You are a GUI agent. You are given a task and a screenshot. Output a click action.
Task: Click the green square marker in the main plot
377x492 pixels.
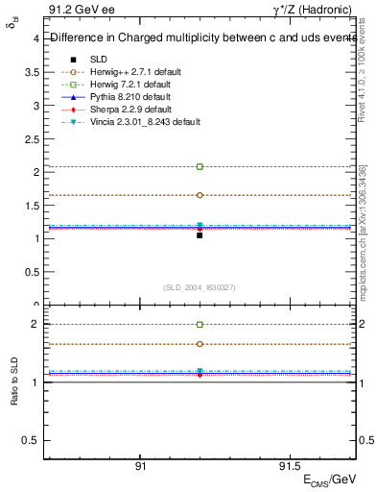tap(200, 166)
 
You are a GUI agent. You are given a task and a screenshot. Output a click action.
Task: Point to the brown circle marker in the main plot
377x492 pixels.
tap(200, 195)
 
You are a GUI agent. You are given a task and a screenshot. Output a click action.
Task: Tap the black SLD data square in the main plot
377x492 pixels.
tap(200, 234)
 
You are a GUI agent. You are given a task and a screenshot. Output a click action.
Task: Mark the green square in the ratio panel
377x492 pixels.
tap(200, 325)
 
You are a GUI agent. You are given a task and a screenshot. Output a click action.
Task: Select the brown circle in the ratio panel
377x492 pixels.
tap(200, 343)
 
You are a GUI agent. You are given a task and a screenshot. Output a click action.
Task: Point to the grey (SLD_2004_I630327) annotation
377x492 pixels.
tap(200, 287)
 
